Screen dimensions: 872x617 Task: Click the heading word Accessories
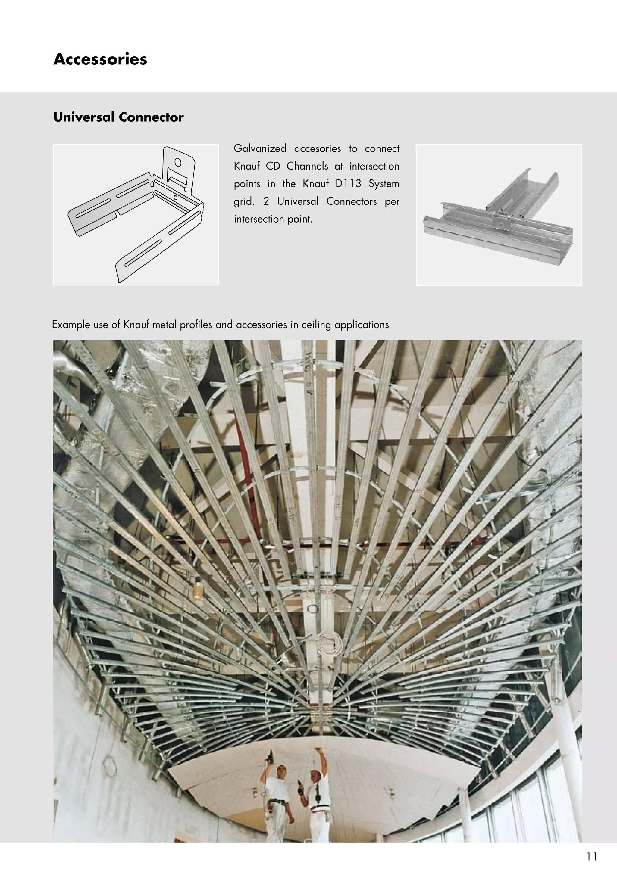[100, 59]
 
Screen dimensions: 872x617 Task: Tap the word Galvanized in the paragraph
[259, 148]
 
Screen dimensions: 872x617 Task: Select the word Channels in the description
[307, 166]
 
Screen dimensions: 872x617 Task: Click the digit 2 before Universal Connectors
[266, 201]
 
